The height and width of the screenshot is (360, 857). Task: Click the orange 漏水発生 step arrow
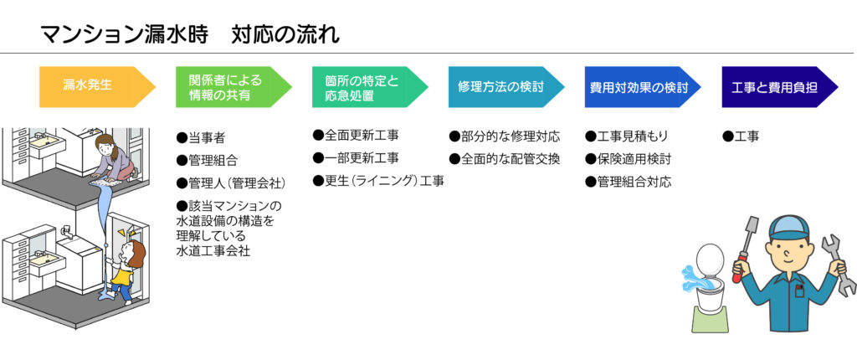click(97, 86)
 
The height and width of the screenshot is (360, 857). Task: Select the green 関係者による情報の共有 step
click(233, 86)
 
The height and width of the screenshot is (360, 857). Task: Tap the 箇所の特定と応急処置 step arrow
click(370, 86)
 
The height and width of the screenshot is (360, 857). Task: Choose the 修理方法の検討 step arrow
click(506, 86)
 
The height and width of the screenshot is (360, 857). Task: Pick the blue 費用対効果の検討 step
click(643, 86)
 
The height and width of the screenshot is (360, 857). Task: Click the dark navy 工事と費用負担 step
click(780, 86)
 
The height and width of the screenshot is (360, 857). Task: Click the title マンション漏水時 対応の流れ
click(190, 34)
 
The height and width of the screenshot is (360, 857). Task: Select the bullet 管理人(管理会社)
click(231, 183)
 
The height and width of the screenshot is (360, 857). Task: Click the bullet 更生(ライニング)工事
click(378, 181)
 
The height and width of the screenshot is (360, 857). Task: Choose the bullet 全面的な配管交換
click(505, 159)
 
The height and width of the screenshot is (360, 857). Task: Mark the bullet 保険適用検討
click(628, 159)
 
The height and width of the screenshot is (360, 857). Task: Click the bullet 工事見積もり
click(626, 136)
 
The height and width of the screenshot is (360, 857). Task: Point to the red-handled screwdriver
click(745, 249)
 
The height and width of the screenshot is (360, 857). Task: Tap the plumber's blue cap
click(789, 229)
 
